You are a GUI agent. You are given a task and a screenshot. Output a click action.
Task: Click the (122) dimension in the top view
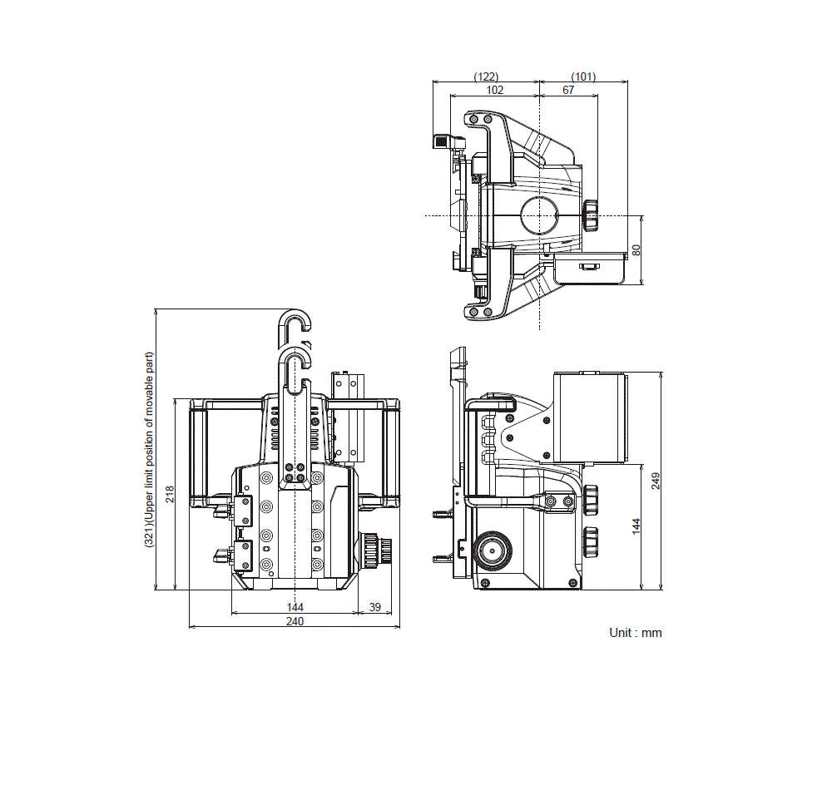coord(486,77)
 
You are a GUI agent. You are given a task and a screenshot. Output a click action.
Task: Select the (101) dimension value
coord(583,77)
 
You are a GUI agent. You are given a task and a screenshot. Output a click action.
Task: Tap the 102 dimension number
coord(494,90)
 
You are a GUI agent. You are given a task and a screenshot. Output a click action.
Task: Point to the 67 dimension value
coord(568,90)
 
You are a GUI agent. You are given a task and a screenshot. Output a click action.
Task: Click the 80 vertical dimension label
coord(636,249)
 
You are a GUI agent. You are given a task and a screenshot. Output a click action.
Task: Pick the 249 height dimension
coord(656,480)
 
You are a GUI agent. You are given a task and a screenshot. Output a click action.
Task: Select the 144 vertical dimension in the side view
coord(636,526)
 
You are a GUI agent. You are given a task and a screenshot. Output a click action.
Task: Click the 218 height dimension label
coord(170,494)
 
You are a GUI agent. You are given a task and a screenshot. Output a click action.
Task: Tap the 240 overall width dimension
coord(295,621)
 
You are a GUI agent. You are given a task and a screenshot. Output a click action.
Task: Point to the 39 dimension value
coord(374,607)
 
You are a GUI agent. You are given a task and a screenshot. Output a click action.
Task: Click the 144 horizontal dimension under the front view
coord(295,607)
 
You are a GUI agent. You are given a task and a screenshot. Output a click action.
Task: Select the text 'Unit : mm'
coord(636,633)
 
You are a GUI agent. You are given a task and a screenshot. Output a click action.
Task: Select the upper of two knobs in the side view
coord(591,499)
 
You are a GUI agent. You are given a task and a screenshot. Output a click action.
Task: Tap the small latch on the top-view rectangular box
coord(589,267)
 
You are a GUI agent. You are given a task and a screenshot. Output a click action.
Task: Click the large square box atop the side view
coord(589,417)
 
